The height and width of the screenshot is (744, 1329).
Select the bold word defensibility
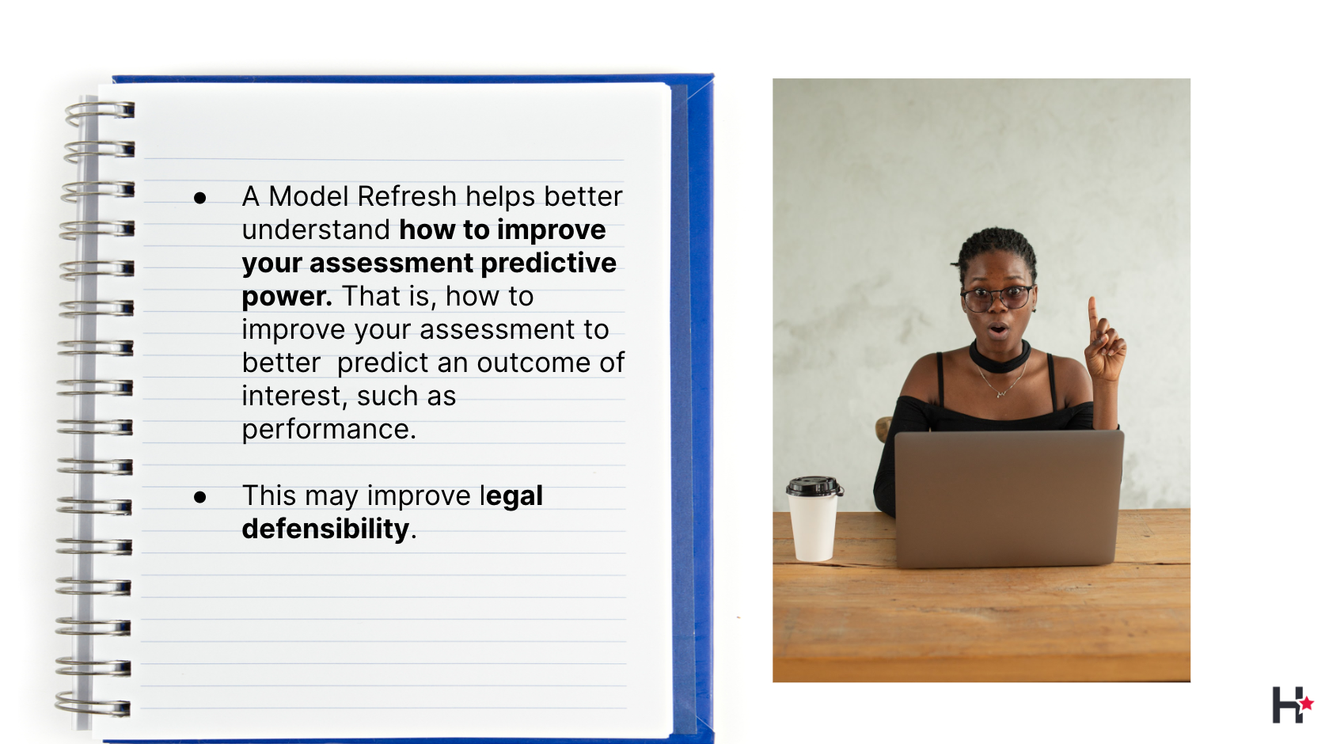click(x=326, y=528)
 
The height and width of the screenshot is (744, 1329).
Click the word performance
click(x=329, y=430)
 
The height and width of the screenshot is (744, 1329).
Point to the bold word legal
click(x=511, y=496)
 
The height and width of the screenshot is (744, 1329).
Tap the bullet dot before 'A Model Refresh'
click(x=200, y=198)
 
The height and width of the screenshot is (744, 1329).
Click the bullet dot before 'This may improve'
click(x=200, y=496)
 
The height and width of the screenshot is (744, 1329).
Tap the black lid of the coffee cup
click(x=814, y=486)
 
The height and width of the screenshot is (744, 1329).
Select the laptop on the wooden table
click(x=1008, y=499)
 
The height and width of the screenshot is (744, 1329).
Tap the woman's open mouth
click(x=998, y=329)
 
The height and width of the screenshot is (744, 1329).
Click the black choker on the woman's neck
click(x=1001, y=358)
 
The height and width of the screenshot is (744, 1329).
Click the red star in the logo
click(x=1307, y=704)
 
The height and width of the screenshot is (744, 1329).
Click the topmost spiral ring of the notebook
click(x=100, y=112)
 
